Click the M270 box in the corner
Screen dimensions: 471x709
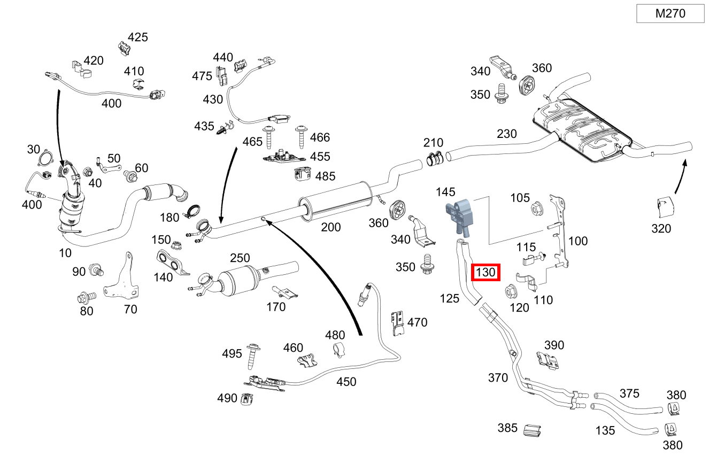click(x=670, y=14)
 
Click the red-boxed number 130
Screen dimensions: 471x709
click(x=485, y=273)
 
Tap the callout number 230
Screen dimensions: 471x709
click(x=506, y=134)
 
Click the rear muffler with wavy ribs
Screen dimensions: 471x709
click(x=580, y=128)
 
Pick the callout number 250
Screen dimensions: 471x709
click(x=240, y=258)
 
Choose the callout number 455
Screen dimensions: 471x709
click(x=320, y=157)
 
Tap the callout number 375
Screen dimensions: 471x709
click(x=629, y=393)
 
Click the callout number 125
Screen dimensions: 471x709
click(x=450, y=298)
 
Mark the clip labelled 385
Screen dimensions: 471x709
click(x=531, y=430)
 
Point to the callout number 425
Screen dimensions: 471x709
click(x=137, y=37)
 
